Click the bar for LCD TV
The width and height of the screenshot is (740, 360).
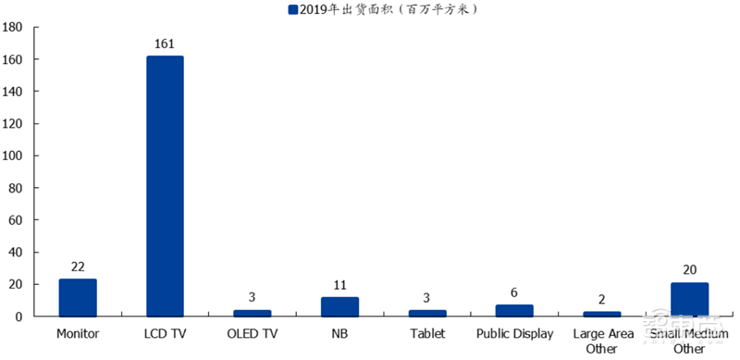(x=165, y=185)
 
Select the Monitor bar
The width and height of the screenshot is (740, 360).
(x=78, y=298)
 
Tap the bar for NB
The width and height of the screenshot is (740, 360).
(x=339, y=306)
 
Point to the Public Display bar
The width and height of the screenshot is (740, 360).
(x=514, y=311)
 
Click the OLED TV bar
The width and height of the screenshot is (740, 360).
(x=253, y=313)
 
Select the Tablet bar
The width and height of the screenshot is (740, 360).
(x=427, y=313)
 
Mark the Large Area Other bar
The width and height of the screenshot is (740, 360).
(x=602, y=314)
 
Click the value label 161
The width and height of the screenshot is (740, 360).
(x=165, y=43)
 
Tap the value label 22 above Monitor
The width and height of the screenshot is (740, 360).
(x=78, y=266)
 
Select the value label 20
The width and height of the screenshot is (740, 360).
(x=689, y=269)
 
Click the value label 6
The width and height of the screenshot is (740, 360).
(x=514, y=292)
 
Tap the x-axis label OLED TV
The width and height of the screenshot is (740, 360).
(x=253, y=333)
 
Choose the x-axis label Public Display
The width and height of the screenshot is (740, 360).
(x=514, y=333)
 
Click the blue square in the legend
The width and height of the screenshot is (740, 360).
(x=293, y=10)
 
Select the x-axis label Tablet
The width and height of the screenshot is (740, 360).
(x=427, y=333)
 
